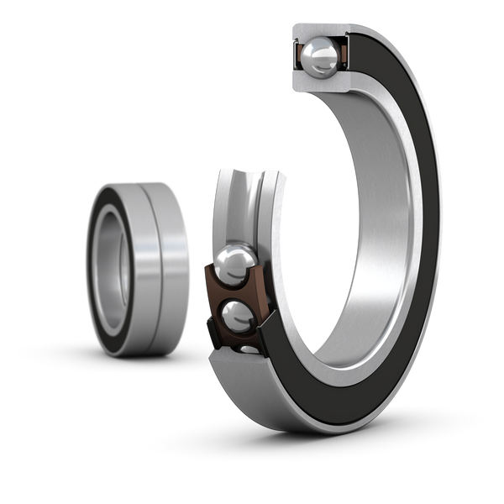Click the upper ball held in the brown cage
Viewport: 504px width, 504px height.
point(234,266)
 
